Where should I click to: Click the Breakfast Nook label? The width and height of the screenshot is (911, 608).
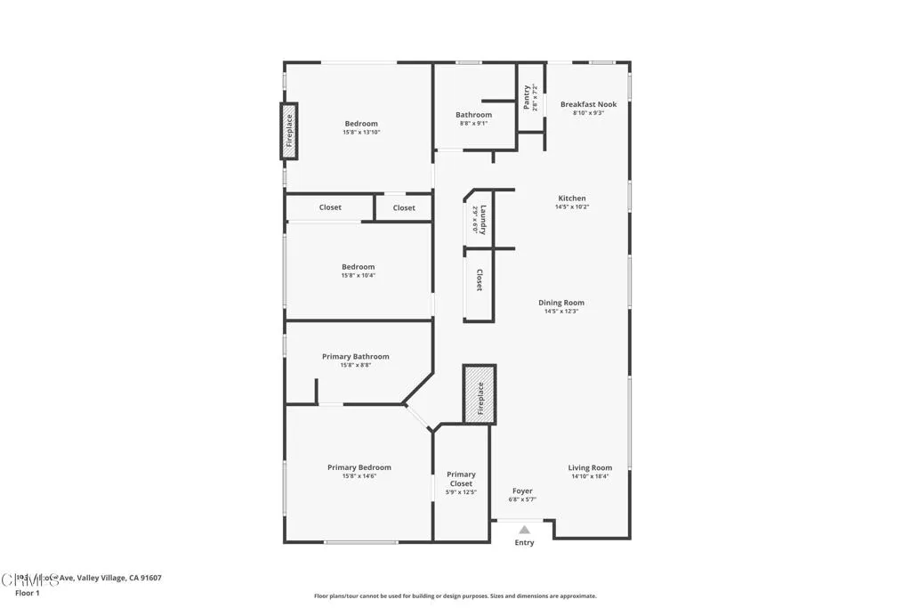pyautogui.click(x=588, y=104)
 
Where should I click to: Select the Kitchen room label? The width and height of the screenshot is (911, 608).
pyautogui.click(x=572, y=199)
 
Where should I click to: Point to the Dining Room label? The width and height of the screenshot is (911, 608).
pyautogui.click(x=561, y=303)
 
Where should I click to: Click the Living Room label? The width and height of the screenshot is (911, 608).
pyautogui.click(x=590, y=467)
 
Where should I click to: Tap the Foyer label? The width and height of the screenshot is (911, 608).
pyautogui.click(x=522, y=490)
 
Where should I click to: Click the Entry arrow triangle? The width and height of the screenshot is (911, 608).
pyautogui.click(x=524, y=530)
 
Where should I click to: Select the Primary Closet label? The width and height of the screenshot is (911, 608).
pyautogui.click(x=461, y=479)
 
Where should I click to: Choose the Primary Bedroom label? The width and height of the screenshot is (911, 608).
pyautogui.click(x=359, y=467)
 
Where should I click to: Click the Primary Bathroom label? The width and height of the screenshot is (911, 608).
pyautogui.click(x=355, y=356)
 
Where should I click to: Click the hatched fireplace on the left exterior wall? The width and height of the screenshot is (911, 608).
pyautogui.click(x=289, y=132)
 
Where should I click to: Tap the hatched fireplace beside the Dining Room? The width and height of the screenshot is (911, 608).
pyautogui.click(x=480, y=394)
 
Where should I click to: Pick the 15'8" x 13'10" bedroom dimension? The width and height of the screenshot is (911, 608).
pyautogui.click(x=361, y=133)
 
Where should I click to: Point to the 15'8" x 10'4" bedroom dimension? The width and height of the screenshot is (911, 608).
pyautogui.click(x=358, y=276)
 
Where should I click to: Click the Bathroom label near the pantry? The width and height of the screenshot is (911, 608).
pyautogui.click(x=473, y=115)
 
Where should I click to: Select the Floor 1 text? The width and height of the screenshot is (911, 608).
pyautogui.click(x=28, y=592)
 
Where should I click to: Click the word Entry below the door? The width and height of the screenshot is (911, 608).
pyautogui.click(x=525, y=543)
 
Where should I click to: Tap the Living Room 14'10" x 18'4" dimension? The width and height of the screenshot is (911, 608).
pyautogui.click(x=590, y=476)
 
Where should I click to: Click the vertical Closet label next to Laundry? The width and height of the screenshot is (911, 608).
pyautogui.click(x=479, y=280)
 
